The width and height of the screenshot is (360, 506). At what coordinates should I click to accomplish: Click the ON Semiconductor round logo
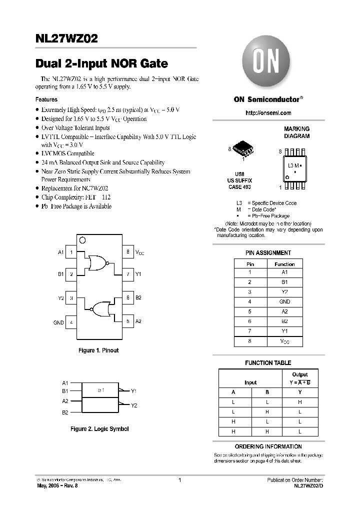tap(267, 63)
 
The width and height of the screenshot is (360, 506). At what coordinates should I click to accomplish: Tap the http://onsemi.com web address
tap(268, 113)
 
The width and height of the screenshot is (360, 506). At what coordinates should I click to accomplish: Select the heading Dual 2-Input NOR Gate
tap(102, 64)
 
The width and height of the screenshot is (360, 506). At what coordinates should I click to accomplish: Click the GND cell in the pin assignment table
tap(284, 301)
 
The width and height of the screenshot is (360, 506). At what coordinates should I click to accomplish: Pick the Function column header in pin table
tap(284, 264)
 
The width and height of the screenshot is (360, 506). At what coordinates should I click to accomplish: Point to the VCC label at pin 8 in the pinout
tap(139, 253)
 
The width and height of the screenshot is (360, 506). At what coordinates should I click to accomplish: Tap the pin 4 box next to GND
tap(71, 322)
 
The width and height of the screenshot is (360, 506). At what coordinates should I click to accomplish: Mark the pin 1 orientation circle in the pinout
tap(82, 240)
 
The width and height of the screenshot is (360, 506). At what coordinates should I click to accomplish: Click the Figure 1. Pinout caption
tap(98, 350)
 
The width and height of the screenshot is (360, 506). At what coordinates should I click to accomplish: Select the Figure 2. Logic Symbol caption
tap(99, 429)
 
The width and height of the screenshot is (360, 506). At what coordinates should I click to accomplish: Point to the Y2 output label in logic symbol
tap(134, 405)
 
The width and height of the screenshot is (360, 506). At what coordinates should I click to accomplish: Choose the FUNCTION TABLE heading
tap(267, 362)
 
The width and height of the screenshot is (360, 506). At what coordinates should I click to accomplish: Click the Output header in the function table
tap(299, 374)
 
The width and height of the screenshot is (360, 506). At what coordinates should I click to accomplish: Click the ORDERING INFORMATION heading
tap(268, 446)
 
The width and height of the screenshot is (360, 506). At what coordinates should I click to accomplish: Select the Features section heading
tap(46, 99)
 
